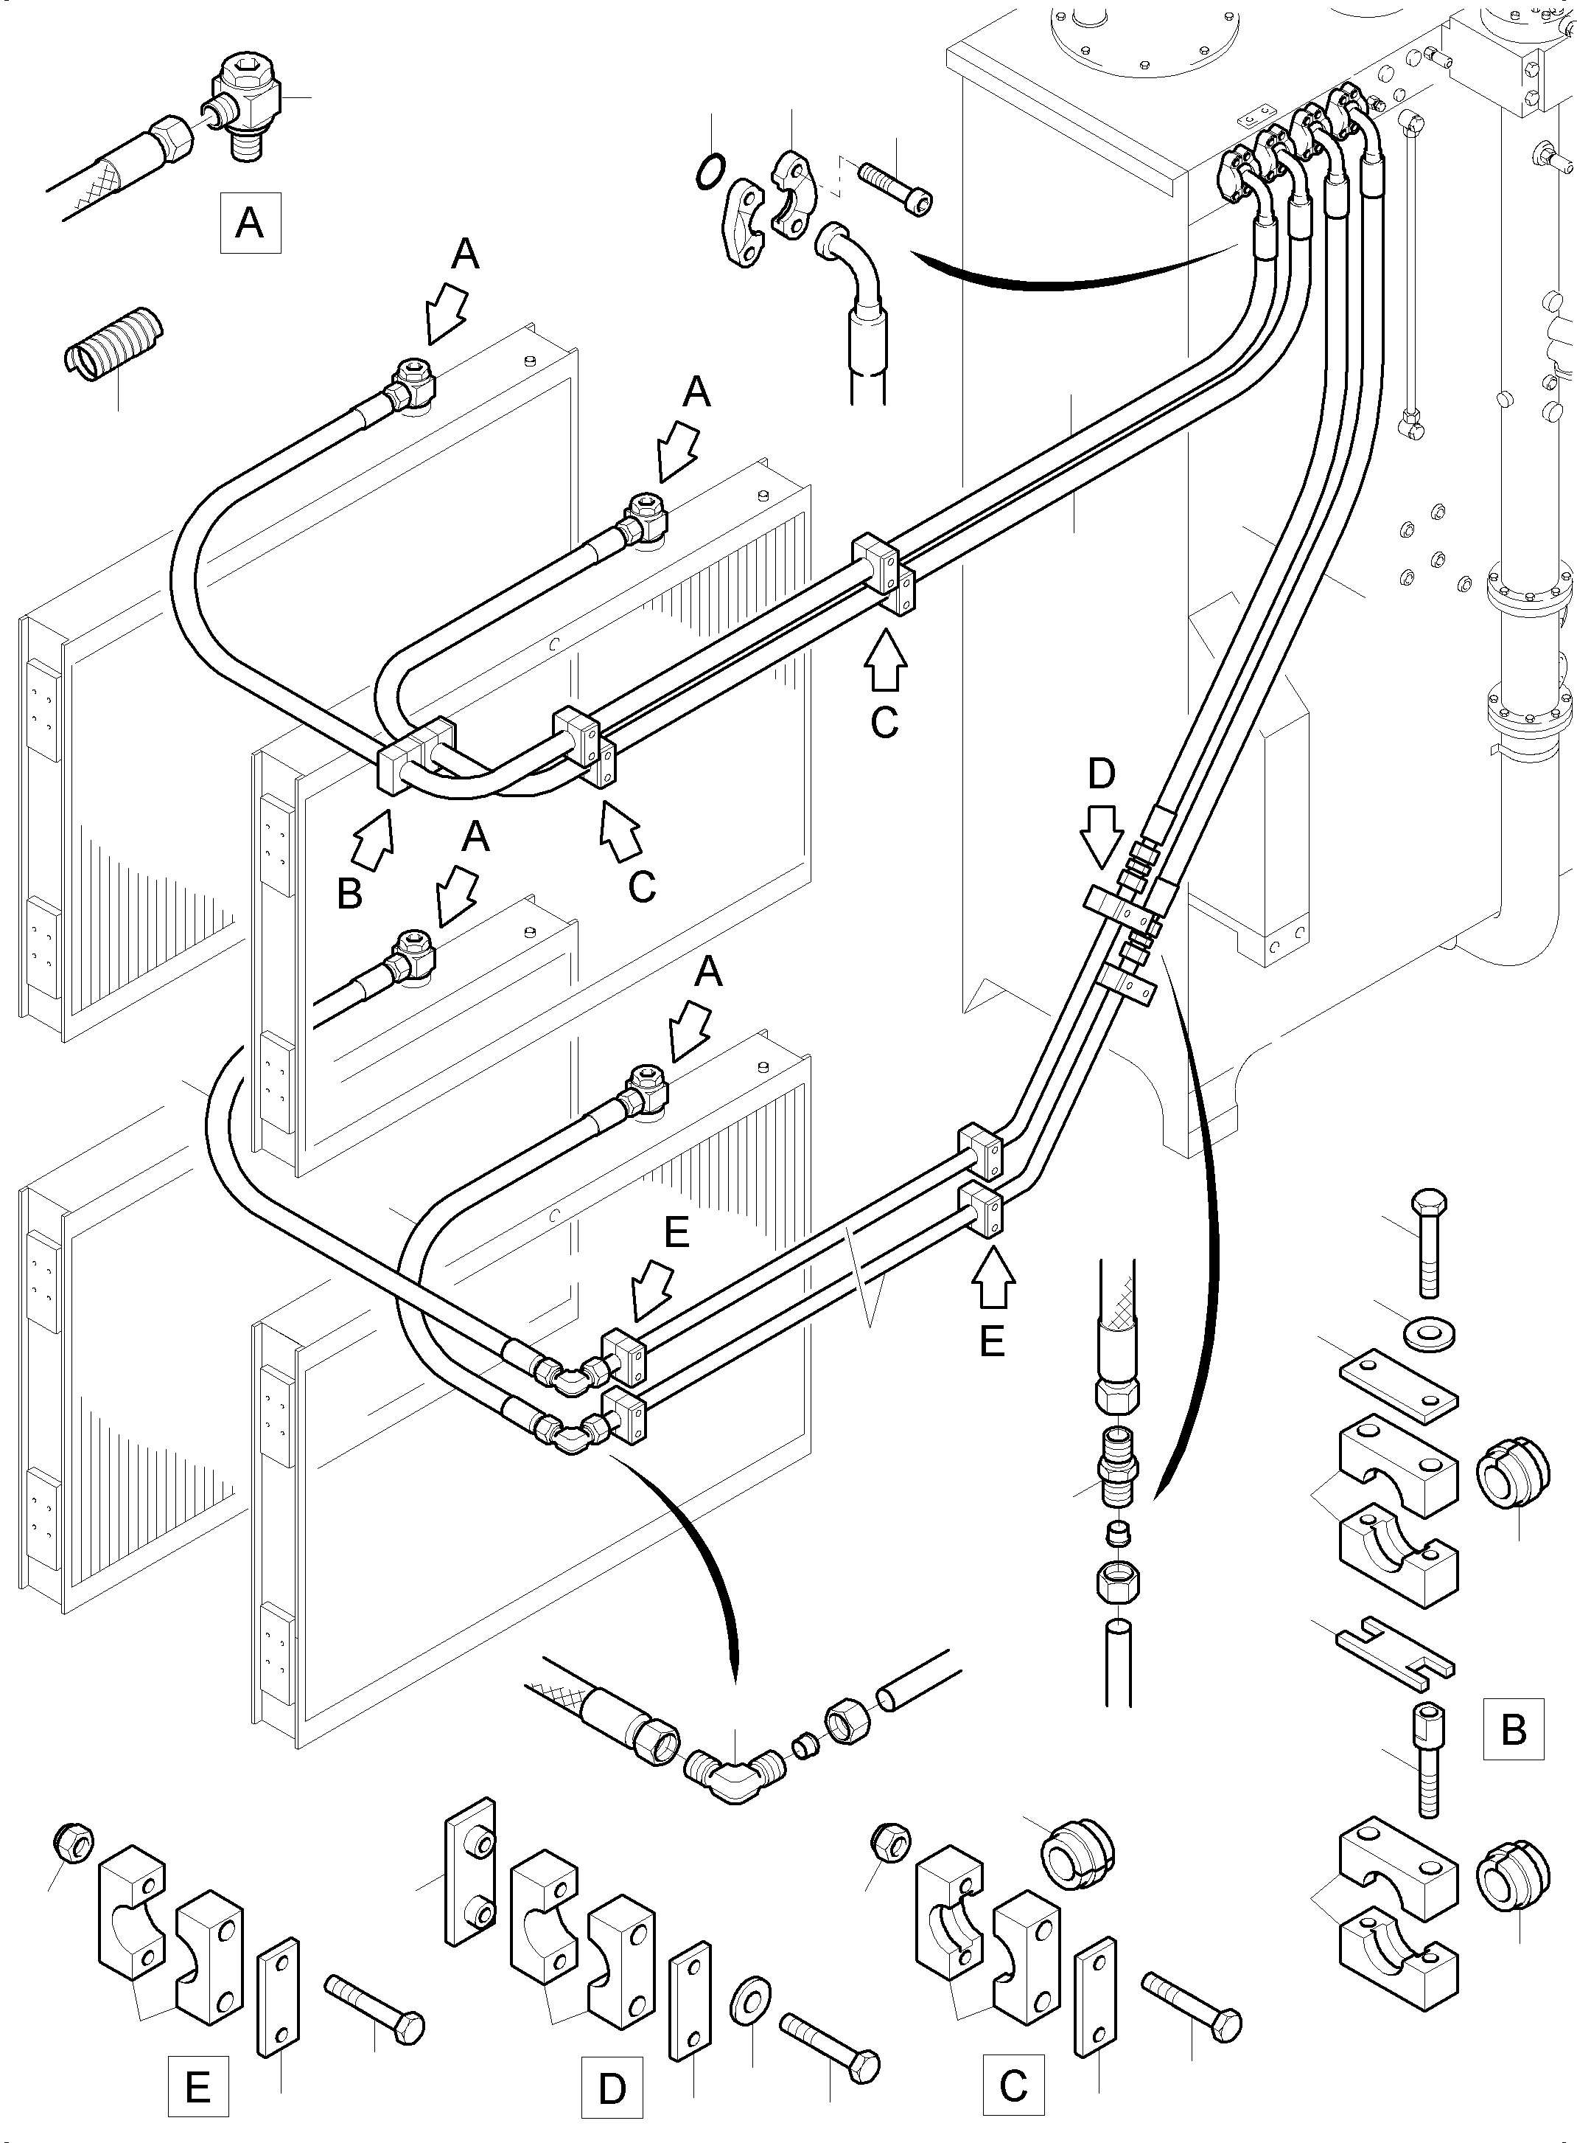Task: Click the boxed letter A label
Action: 250,223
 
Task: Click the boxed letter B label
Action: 1513,1729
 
